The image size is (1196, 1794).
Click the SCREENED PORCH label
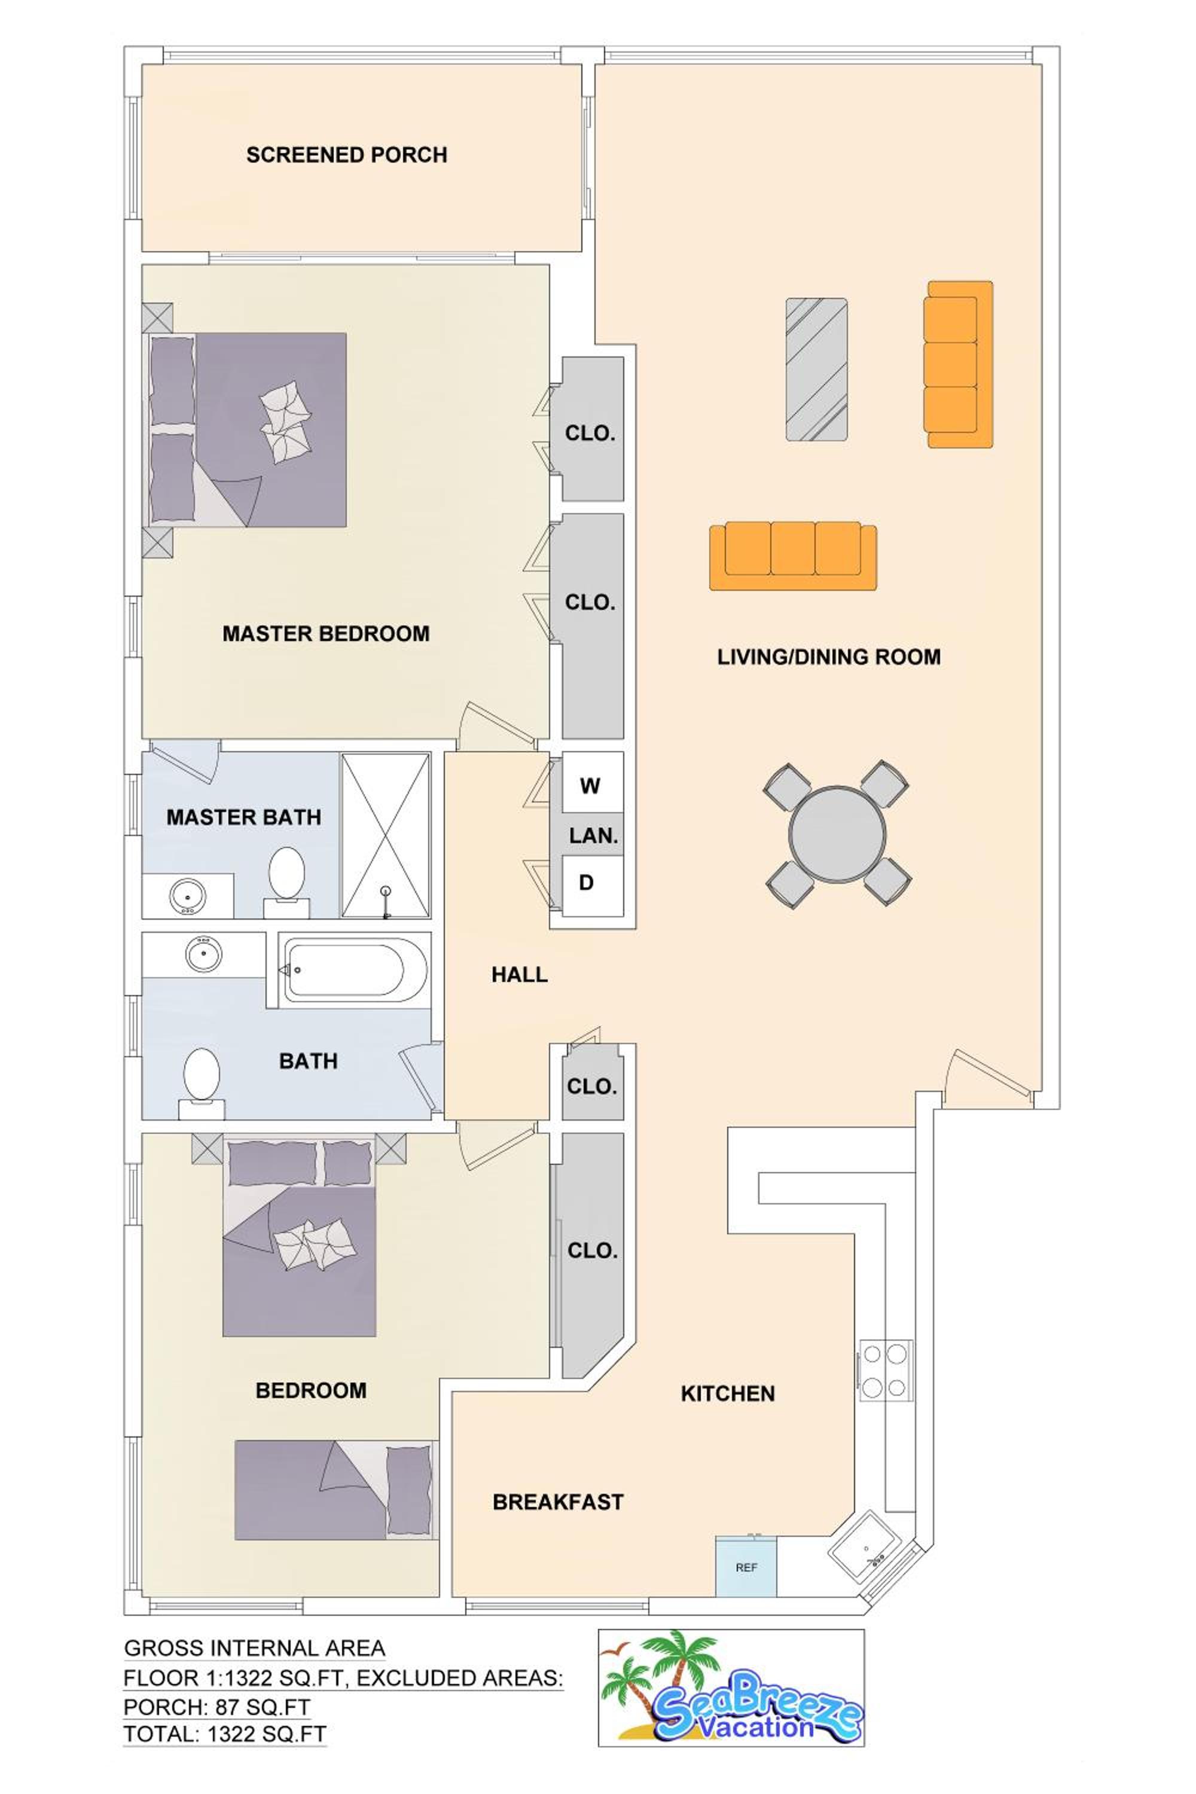(x=346, y=155)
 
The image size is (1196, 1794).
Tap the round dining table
(x=837, y=833)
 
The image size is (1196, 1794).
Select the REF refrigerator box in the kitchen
(x=745, y=1567)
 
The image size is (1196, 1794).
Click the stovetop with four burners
(x=886, y=1370)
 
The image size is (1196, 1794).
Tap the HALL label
(x=520, y=974)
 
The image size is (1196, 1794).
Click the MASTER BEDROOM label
(x=326, y=633)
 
